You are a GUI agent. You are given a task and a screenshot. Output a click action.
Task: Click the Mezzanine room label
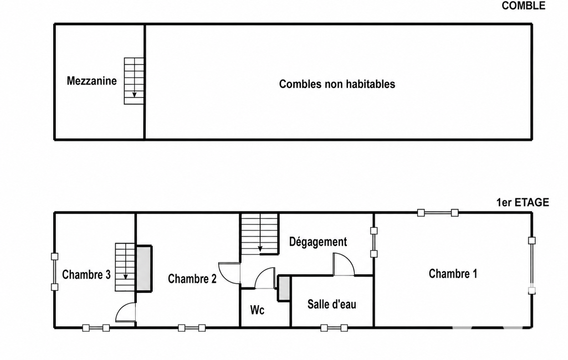tap(91, 80)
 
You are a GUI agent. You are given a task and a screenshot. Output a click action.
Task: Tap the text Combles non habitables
tap(337, 84)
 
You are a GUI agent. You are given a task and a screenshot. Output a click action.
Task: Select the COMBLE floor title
tap(523, 6)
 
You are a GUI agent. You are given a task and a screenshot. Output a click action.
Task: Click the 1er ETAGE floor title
tap(523, 203)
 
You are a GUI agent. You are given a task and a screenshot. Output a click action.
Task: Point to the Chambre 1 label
tap(453, 274)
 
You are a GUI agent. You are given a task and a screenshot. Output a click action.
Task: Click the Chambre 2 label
tap(192, 279)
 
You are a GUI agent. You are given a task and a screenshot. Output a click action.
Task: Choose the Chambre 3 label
tap(86, 275)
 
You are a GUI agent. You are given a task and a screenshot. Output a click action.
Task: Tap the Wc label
tap(257, 310)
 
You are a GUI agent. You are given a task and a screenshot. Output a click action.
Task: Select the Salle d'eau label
tap(332, 304)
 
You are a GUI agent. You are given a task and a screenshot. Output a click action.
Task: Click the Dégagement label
tap(318, 241)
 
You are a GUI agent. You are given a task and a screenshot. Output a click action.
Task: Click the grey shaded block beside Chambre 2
tap(144, 269)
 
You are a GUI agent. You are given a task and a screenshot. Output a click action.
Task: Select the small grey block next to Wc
tap(284, 288)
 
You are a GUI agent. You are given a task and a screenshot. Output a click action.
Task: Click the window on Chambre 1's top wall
tap(438, 213)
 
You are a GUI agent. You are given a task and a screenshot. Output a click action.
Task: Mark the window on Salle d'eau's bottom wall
tap(334, 328)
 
